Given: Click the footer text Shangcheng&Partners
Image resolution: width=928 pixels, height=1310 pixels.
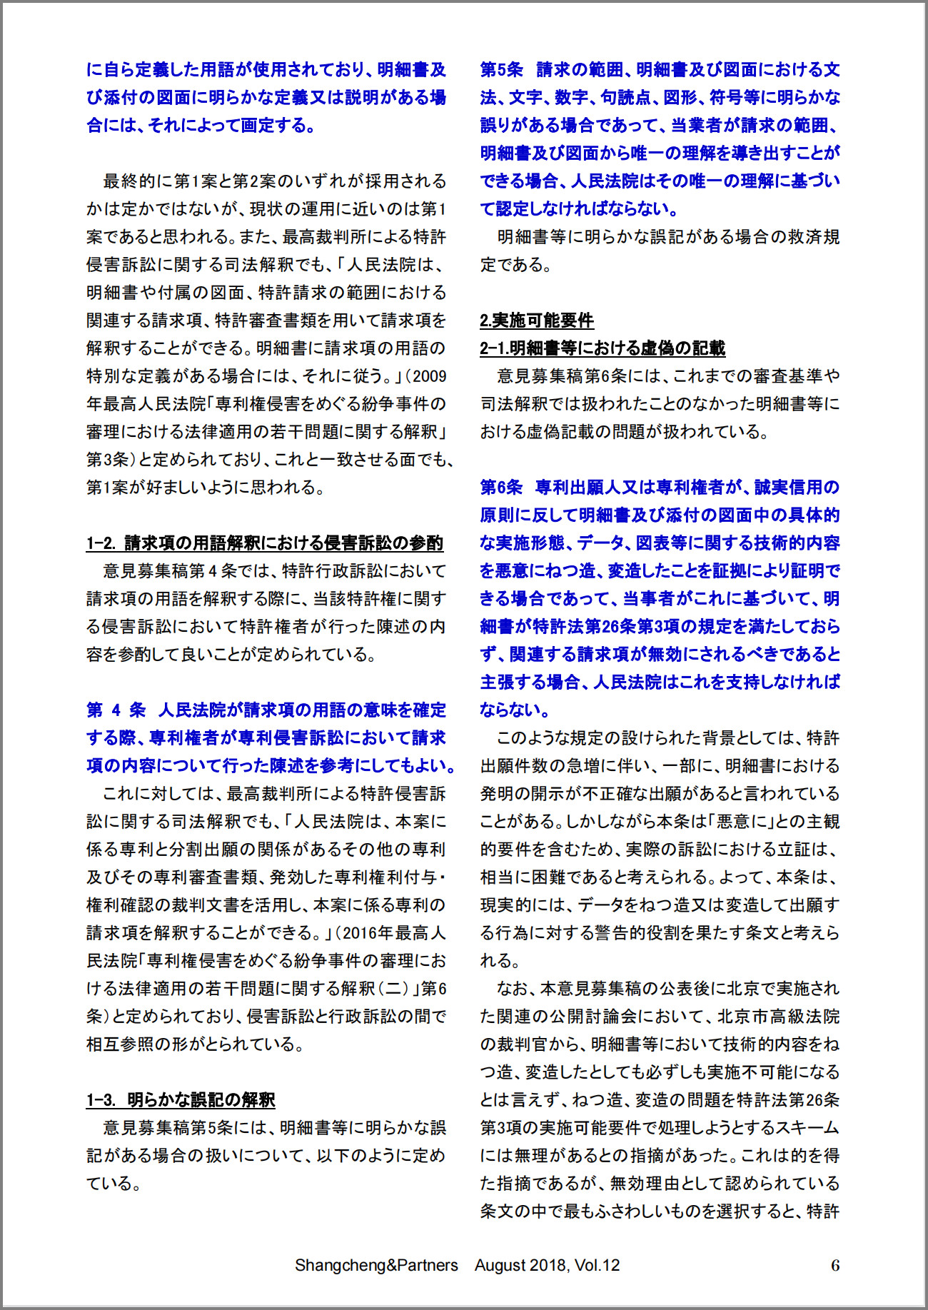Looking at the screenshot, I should click(x=376, y=1265).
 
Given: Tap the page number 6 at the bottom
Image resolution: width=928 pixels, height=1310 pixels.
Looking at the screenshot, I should click(x=835, y=1265).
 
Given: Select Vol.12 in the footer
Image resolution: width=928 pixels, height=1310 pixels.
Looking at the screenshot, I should click(x=597, y=1265).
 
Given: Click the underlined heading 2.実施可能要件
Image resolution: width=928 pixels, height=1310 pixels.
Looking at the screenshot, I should click(x=537, y=321).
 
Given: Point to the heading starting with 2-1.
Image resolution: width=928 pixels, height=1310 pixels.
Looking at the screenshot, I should click(x=602, y=348).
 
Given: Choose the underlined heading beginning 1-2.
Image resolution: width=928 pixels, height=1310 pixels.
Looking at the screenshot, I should click(x=265, y=543).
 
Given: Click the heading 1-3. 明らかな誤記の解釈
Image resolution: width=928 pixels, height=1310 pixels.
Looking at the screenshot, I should click(x=181, y=1100).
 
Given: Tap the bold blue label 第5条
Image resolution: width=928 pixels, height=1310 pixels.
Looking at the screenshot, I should click(x=501, y=70).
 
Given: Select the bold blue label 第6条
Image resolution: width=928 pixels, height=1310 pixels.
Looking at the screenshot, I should click(x=501, y=488).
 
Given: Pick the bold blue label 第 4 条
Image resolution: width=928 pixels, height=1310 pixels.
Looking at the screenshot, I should click(x=116, y=710).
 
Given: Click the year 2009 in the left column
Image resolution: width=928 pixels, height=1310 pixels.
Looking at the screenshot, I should click(x=430, y=376).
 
